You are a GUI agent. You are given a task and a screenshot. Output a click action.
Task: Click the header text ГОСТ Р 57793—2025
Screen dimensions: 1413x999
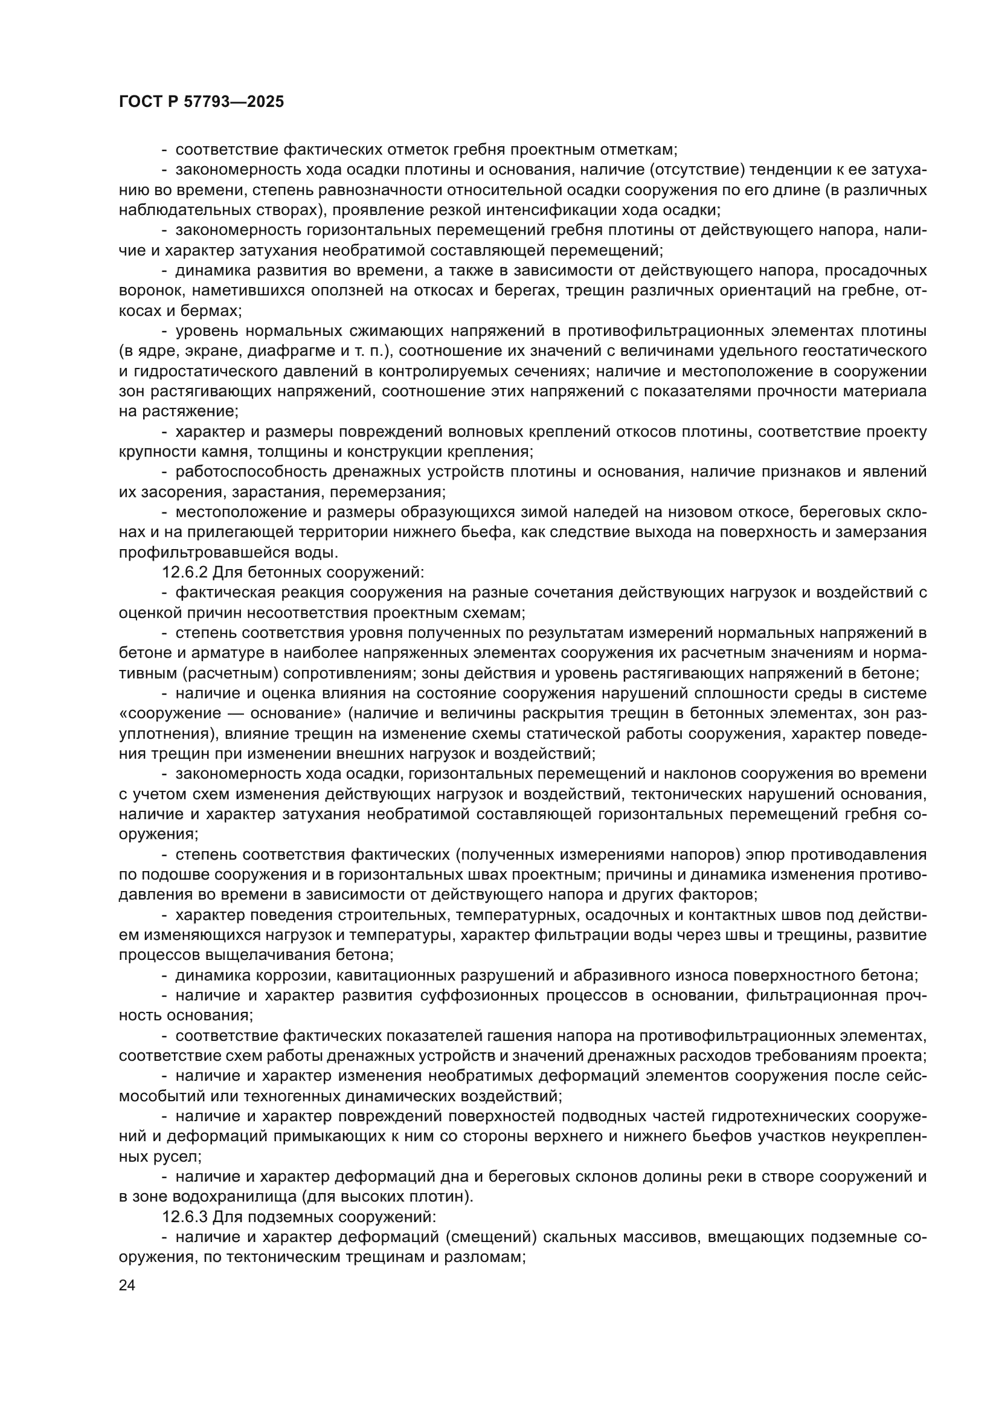(x=201, y=102)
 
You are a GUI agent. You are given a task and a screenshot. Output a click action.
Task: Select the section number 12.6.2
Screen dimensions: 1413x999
(x=185, y=572)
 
